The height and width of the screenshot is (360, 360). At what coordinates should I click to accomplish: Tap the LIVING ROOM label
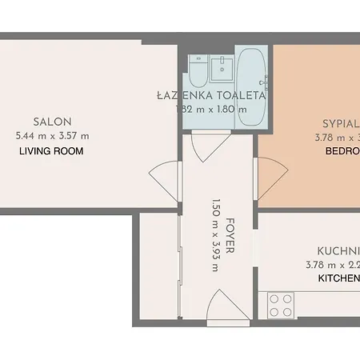(x=52, y=150)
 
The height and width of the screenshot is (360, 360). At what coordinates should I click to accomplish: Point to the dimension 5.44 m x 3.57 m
(x=53, y=135)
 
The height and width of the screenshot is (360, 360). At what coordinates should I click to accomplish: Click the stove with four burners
(x=281, y=305)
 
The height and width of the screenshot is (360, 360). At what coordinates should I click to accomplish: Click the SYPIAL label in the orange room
(x=341, y=124)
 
